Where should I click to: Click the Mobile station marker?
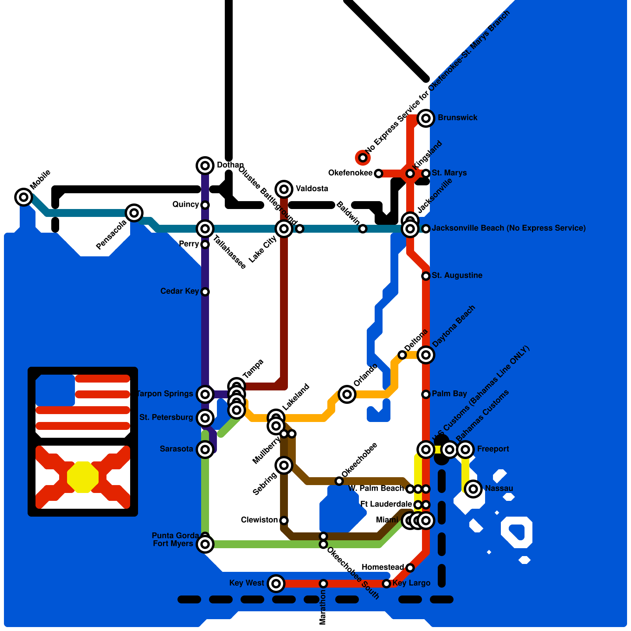(24, 197)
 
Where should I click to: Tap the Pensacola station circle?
(134, 213)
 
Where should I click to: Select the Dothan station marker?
(205, 165)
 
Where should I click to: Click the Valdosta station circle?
(284, 189)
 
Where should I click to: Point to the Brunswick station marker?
(426, 118)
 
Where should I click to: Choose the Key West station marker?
(276, 583)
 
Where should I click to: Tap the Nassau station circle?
(473, 489)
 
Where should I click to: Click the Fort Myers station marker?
(205, 544)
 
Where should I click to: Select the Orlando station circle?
(347, 394)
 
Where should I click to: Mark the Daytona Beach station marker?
(426, 355)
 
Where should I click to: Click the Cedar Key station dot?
(205, 292)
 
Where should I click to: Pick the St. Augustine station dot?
(426, 276)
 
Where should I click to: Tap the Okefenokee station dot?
(379, 174)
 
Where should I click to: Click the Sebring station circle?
(284, 465)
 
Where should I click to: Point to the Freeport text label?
(493, 449)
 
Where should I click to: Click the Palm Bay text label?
(449, 394)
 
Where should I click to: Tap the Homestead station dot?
(410, 568)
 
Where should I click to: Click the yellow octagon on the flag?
(82, 477)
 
